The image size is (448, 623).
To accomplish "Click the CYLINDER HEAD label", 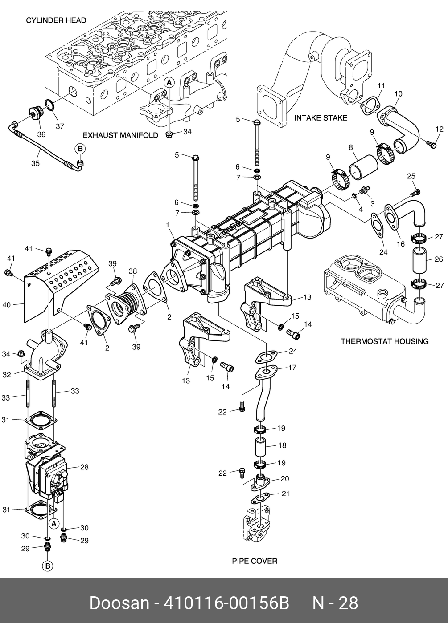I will pos(56,20).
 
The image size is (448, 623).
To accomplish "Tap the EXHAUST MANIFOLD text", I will pos(121,135).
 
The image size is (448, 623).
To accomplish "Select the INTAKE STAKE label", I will pos(321,118).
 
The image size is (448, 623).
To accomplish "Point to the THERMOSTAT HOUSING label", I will pos(385,341).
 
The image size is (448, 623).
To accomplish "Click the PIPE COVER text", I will pos(255,561).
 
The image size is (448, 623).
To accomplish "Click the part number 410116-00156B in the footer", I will pos(226,603).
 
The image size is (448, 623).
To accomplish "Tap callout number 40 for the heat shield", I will pos(6,305).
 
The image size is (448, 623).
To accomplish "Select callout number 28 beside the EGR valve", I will pos(84,467).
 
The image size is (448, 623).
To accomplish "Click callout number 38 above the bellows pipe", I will pos(132,271).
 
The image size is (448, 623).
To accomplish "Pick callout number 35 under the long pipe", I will pos(35,163).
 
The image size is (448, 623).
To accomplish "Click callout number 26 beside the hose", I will pos(439,259).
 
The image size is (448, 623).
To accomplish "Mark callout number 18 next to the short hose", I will pos(282,445).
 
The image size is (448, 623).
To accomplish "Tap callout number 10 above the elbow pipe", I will pos(398,94).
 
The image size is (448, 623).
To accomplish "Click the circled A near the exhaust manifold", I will pos(169,82).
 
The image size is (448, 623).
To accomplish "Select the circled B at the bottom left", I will pos(48,566).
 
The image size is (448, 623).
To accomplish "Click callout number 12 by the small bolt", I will pos(440,129).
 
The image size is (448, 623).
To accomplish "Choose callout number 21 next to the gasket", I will pos(285,494).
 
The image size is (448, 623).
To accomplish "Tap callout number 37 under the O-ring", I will pos(60,126).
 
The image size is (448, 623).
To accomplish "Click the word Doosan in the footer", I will pos(119,603).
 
